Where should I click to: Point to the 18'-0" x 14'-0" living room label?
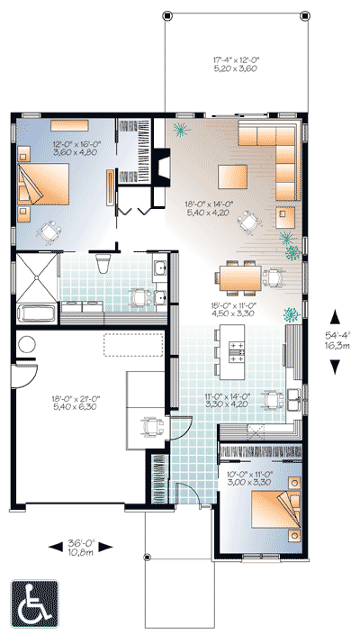pos(210,209)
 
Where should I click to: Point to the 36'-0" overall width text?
pos(83,548)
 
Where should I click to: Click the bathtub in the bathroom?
pos(36,314)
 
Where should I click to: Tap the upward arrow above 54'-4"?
pos(335,316)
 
